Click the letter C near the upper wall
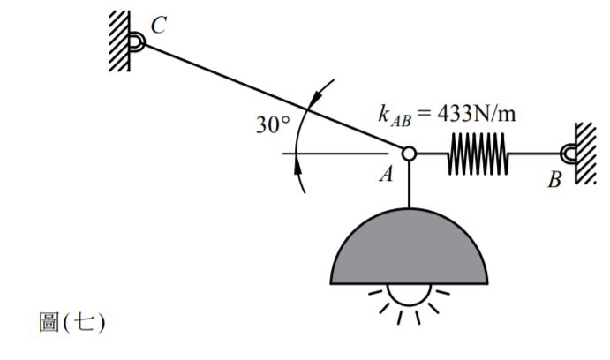point(157,26)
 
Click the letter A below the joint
point(386,175)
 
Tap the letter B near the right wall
point(554,181)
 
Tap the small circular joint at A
point(409,154)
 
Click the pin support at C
point(137,41)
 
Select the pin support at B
point(568,154)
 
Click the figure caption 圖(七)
point(72,323)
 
